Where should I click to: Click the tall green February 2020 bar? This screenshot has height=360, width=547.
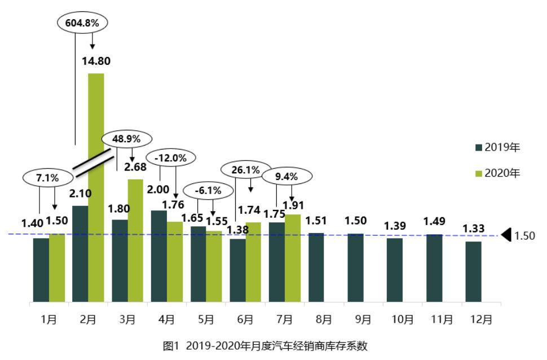[96, 186]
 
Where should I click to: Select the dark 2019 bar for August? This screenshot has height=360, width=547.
[316, 267]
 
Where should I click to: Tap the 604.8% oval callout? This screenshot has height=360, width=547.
[83, 24]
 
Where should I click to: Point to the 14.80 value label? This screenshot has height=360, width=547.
[96, 62]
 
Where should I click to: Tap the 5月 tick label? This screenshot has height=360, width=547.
[205, 320]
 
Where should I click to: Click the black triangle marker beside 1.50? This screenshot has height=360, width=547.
[506, 235]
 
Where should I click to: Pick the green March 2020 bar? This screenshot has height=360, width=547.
[135, 240]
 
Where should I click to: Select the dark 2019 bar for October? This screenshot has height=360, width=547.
[394, 270]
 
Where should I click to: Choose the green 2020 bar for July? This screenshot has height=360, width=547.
[292, 258]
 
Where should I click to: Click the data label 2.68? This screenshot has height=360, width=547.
[135, 167]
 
